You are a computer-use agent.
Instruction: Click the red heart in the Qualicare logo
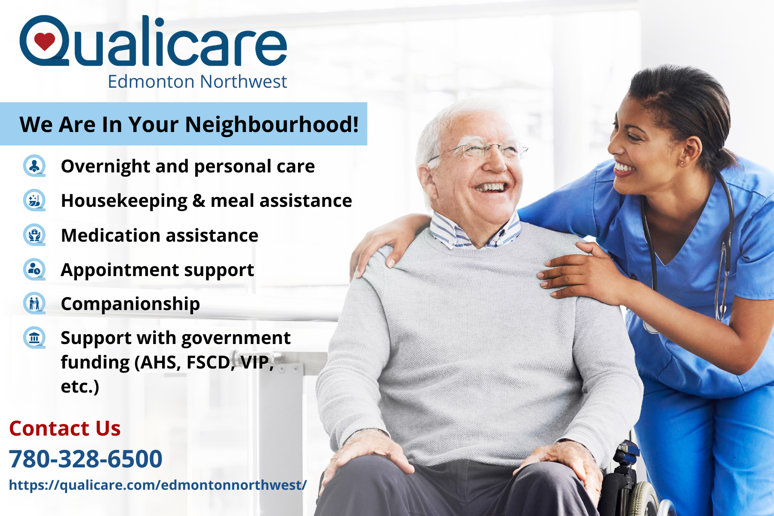coord(44,41)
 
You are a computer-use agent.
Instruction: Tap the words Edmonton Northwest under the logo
coord(197,81)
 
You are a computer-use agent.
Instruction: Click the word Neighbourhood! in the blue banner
coord(272,125)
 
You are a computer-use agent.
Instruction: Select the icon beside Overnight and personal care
coord(34,166)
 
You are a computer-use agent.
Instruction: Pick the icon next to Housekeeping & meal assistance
coord(34,200)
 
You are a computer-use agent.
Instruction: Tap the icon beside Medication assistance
coord(34,235)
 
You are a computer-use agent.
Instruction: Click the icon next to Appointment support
coord(34,269)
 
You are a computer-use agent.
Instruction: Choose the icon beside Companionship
coord(34,303)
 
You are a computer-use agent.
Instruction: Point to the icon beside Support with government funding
coord(34,338)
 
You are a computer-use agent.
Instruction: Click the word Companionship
coord(130,304)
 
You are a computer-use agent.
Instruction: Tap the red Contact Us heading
coord(65,428)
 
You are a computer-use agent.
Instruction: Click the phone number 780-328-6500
coord(86,458)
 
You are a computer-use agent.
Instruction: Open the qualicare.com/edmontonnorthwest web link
coord(158,485)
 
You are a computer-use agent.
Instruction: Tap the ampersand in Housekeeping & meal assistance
coord(199,201)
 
